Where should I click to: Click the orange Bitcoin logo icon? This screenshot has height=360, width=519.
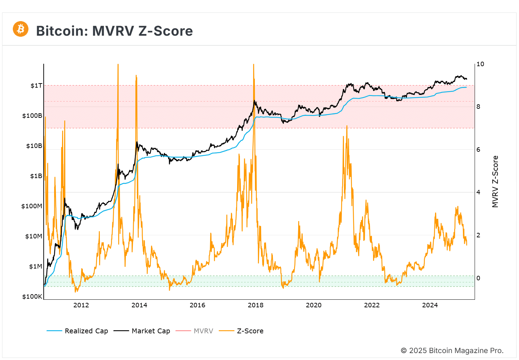(20, 29)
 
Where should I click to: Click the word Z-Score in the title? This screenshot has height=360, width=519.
(165, 31)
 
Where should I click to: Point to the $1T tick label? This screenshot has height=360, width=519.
(36, 86)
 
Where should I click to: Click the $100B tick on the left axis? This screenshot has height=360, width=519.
(32, 116)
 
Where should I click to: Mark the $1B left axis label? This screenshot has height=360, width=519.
(36, 176)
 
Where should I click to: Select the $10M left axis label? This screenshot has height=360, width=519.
(34, 236)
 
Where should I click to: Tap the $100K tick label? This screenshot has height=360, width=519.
(32, 297)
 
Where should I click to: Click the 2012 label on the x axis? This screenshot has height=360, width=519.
(81, 305)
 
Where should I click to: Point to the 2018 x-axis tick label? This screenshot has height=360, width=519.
(256, 305)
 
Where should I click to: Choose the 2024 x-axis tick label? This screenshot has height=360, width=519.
(430, 305)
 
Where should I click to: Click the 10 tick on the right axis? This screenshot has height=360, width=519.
(480, 64)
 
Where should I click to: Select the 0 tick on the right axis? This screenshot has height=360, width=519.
(478, 278)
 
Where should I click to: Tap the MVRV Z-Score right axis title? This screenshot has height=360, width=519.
(495, 182)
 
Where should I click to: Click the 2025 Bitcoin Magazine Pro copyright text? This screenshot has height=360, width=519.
(452, 351)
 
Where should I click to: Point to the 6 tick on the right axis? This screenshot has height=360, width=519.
(478, 150)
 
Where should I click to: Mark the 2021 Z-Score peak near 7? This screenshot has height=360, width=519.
(347, 126)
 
